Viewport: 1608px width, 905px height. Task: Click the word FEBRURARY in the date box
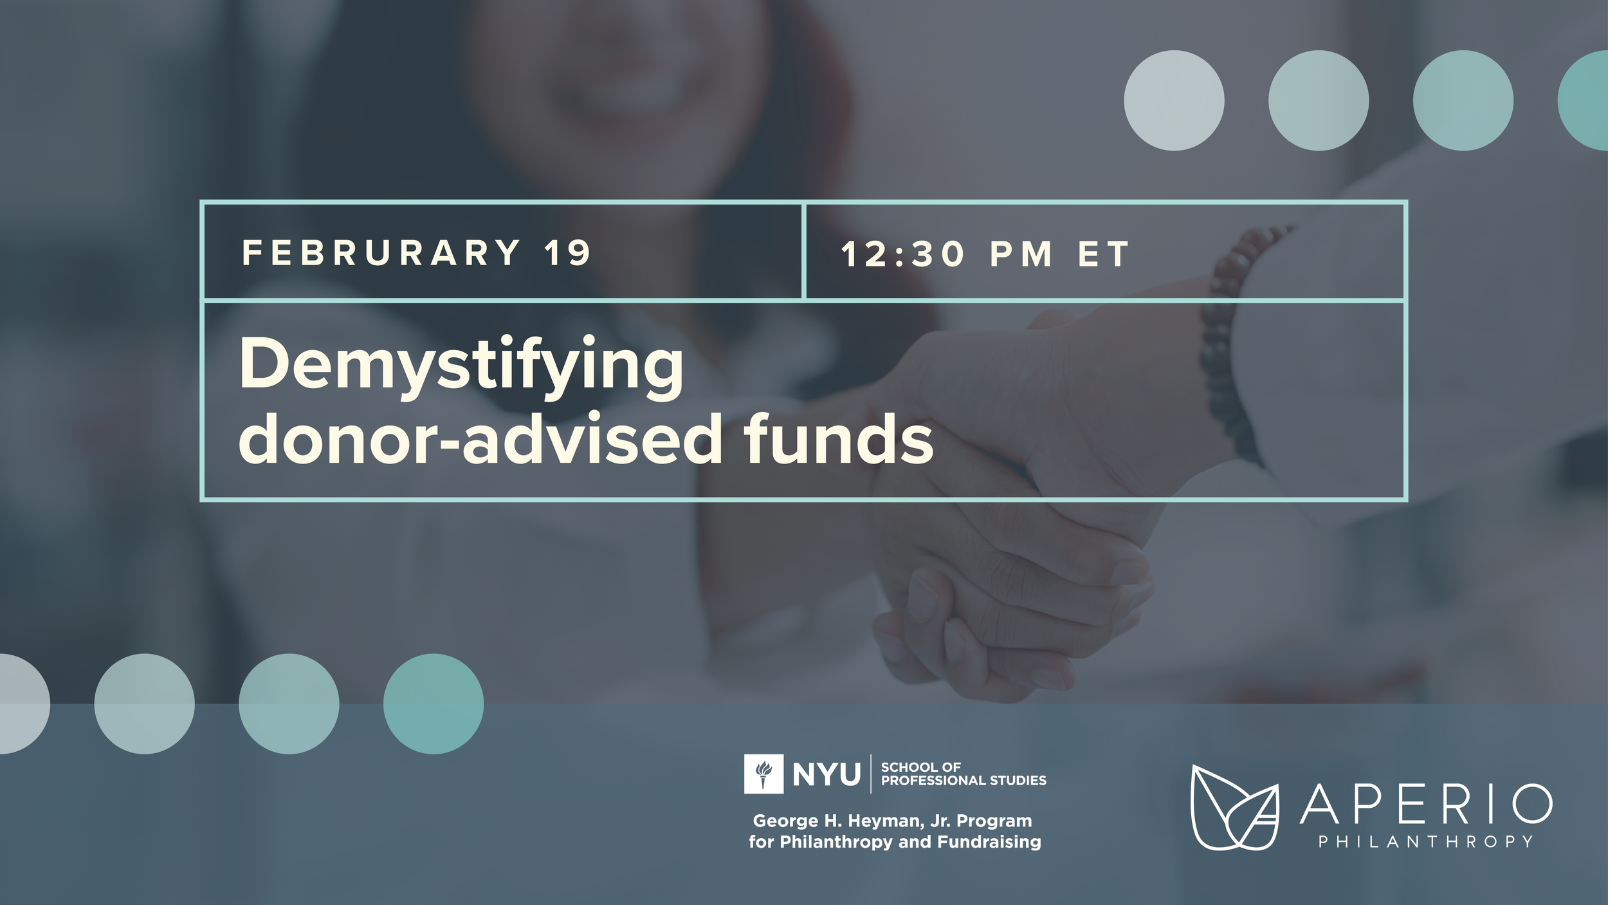[381, 252]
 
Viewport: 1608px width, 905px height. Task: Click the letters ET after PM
[1104, 254]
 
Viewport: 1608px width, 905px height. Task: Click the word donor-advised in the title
[479, 440]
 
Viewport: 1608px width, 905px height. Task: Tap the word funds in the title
[838, 440]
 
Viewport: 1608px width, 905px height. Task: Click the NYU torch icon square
[763, 774]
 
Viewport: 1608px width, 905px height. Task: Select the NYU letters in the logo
[827, 774]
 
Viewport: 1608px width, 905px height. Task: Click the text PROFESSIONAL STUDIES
[964, 781]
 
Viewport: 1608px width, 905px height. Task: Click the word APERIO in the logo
[1426, 804]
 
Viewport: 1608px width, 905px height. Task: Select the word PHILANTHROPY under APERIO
[1426, 842]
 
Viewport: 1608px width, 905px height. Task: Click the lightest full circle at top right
[1174, 100]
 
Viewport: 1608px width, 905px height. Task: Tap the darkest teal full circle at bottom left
[433, 704]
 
